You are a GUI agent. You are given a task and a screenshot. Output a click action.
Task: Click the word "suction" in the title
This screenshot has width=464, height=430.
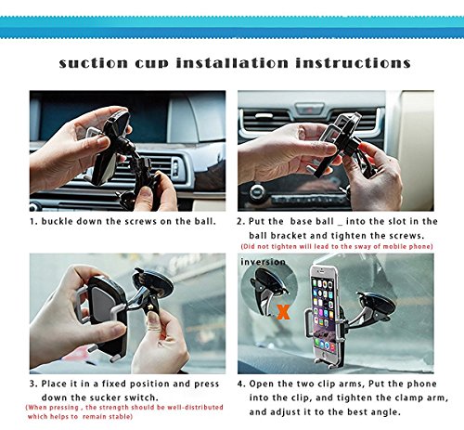coord(94,63)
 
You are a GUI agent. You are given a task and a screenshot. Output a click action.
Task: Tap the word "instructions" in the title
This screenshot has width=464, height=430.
coord(353,63)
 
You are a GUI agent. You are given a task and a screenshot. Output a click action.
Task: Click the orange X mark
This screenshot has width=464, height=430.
coord(283,312)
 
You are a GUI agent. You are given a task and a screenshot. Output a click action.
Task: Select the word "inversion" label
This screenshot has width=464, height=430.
coord(263,262)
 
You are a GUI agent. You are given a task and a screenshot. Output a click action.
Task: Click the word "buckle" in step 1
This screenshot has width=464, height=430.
coord(58,221)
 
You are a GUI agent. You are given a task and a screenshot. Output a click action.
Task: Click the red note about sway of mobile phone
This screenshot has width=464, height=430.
coord(337,246)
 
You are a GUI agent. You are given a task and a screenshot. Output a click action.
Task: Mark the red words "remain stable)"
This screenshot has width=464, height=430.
coord(108,417)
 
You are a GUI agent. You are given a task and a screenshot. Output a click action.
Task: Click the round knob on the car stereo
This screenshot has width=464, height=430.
coord(257,191)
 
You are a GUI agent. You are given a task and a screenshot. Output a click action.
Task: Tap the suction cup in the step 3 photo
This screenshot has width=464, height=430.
coord(154,282)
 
